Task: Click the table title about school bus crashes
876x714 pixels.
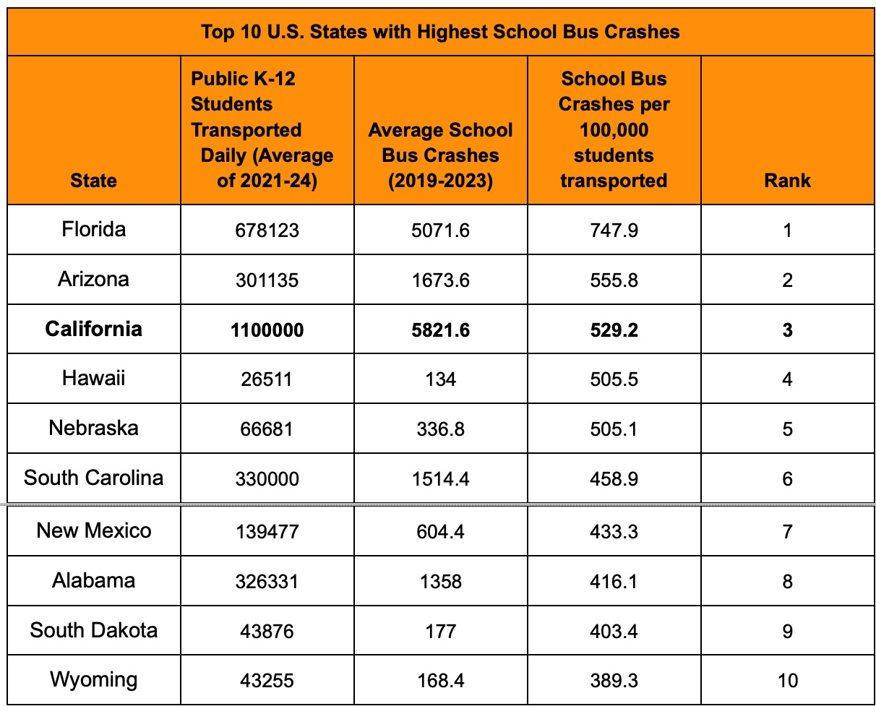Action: (x=440, y=32)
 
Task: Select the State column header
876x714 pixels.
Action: (x=93, y=181)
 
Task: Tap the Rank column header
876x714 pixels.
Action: (x=787, y=181)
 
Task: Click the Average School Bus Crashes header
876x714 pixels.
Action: (x=440, y=155)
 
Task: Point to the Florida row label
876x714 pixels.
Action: (x=93, y=230)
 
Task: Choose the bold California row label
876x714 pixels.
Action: (x=93, y=330)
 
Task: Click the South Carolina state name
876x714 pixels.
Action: (x=93, y=478)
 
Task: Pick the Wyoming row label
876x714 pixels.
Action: (x=93, y=680)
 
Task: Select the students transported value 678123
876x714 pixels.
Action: (x=267, y=231)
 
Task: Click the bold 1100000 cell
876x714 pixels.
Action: (x=267, y=330)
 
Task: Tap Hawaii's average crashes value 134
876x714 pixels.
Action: (x=440, y=380)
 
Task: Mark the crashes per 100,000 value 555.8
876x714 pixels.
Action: (x=614, y=280)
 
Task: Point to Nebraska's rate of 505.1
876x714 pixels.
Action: (x=614, y=429)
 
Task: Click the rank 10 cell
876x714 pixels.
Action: (x=787, y=681)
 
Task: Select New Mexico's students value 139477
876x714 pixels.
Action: (x=267, y=532)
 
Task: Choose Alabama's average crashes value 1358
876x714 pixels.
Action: (x=440, y=582)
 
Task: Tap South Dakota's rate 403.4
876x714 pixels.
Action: (x=614, y=632)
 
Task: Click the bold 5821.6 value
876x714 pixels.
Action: (x=440, y=330)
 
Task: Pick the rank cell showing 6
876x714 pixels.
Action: (x=787, y=479)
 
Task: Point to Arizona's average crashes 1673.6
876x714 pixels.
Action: (x=440, y=280)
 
